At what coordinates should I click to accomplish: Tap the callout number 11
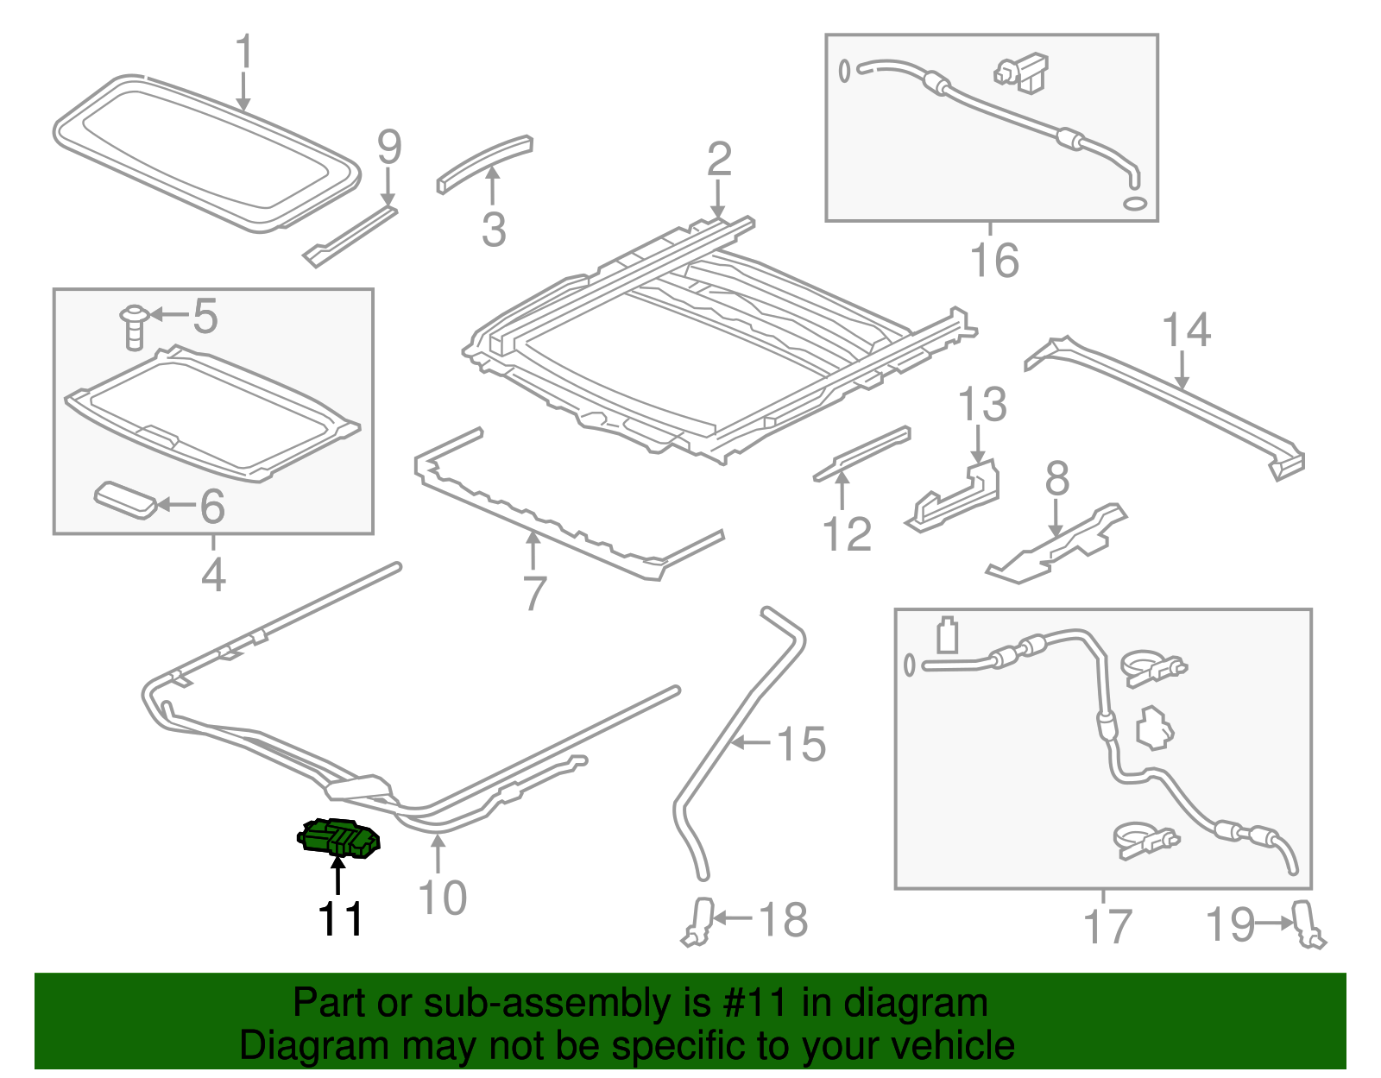(340, 920)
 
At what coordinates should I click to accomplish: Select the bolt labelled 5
(134, 327)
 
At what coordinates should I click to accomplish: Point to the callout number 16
(994, 261)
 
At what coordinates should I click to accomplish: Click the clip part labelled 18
(699, 921)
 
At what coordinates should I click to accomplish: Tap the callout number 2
(719, 161)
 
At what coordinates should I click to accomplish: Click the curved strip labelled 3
(483, 162)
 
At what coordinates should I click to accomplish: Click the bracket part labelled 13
(956, 497)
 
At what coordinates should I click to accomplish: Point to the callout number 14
(1186, 331)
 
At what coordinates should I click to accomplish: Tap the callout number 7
(534, 594)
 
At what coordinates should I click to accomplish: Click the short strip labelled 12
(861, 453)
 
